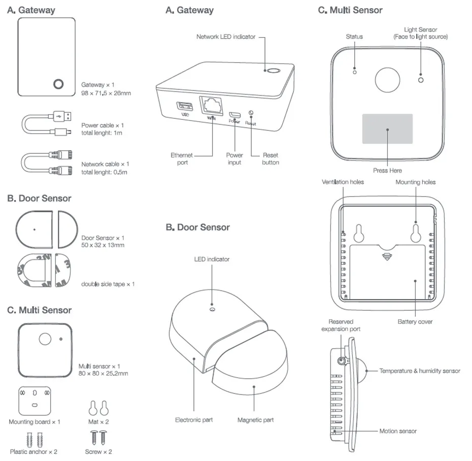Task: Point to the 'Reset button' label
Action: tap(270, 158)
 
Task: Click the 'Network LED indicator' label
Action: tap(226, 37)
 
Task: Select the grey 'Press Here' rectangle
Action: tap(387, 128)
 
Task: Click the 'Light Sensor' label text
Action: tap(420, 30)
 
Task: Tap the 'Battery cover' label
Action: tap(415, 321)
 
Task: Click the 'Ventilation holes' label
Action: tap(343, 182)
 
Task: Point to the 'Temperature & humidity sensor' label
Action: tap(420, 371)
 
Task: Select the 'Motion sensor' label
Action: tap(398, 431)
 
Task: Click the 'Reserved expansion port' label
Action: tap(341, 325)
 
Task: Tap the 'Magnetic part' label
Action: tap(255, 420)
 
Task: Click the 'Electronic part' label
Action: tap(194, 420)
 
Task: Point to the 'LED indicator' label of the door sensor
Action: tap(212, 259)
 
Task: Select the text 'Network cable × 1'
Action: tap(105, 164)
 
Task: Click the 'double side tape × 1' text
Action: tap(108, 284)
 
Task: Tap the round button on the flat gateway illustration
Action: tap(58, 84)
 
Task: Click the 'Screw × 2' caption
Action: tap(98, 451)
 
